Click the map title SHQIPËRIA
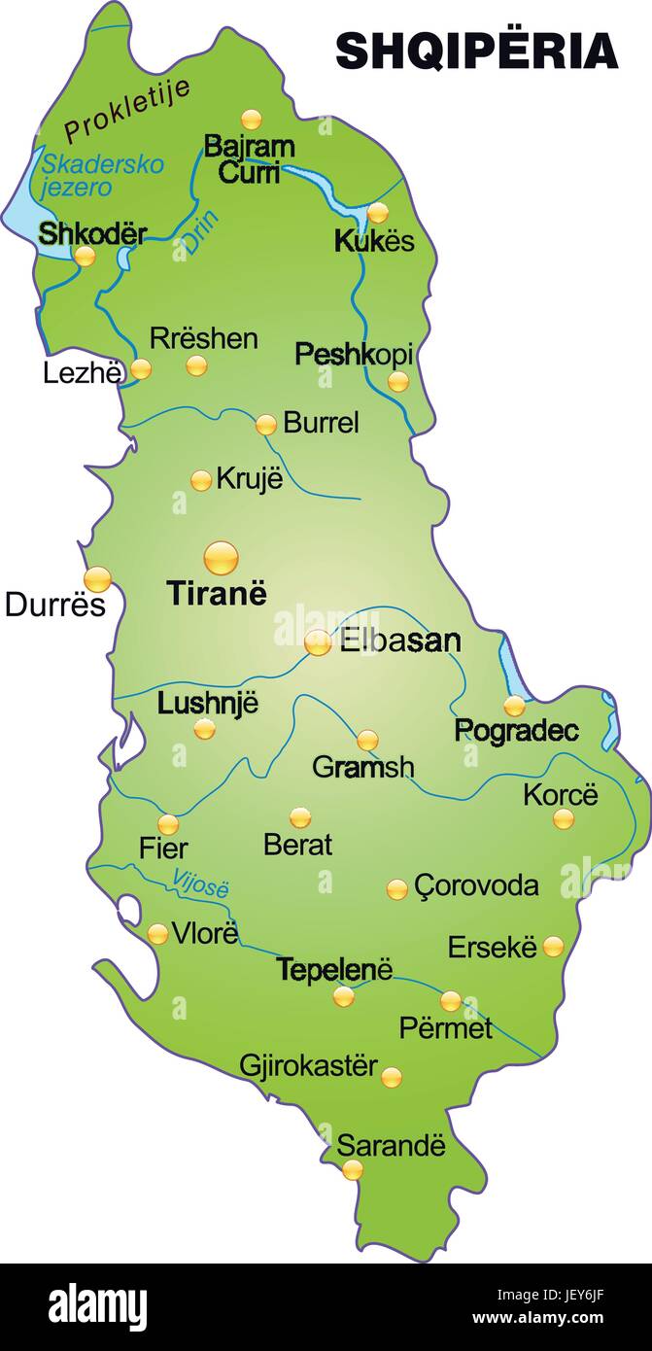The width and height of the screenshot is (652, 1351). (x=476, y=51)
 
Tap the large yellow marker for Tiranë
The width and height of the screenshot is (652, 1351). (x=221, y=558)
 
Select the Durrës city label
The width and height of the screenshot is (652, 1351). (x=54, y=605)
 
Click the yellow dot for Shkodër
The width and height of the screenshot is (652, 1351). (x=86, y=257)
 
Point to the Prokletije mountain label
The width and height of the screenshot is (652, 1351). (x=126, y=111)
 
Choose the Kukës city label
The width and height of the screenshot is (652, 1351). (x=374, y=241)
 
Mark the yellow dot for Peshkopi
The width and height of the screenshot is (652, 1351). (x=398, y=382)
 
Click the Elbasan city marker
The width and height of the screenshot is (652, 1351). (x=318, y=642)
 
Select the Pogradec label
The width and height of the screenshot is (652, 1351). (x=516, y=731)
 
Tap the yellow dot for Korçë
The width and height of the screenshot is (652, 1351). (x=564, y=818)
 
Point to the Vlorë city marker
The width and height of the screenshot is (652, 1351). (x=157, y=934)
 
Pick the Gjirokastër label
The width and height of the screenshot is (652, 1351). (x=308, y=1065)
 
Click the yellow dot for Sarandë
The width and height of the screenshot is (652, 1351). (x=352, y=1170)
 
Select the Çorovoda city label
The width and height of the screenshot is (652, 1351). (x=476, y=885)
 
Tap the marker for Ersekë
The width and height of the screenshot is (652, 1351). (x=553, y=946)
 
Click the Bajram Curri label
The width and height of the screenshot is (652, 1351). (x=249, y=159)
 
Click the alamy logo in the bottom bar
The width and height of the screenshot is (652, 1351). (x=97, y=1305)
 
